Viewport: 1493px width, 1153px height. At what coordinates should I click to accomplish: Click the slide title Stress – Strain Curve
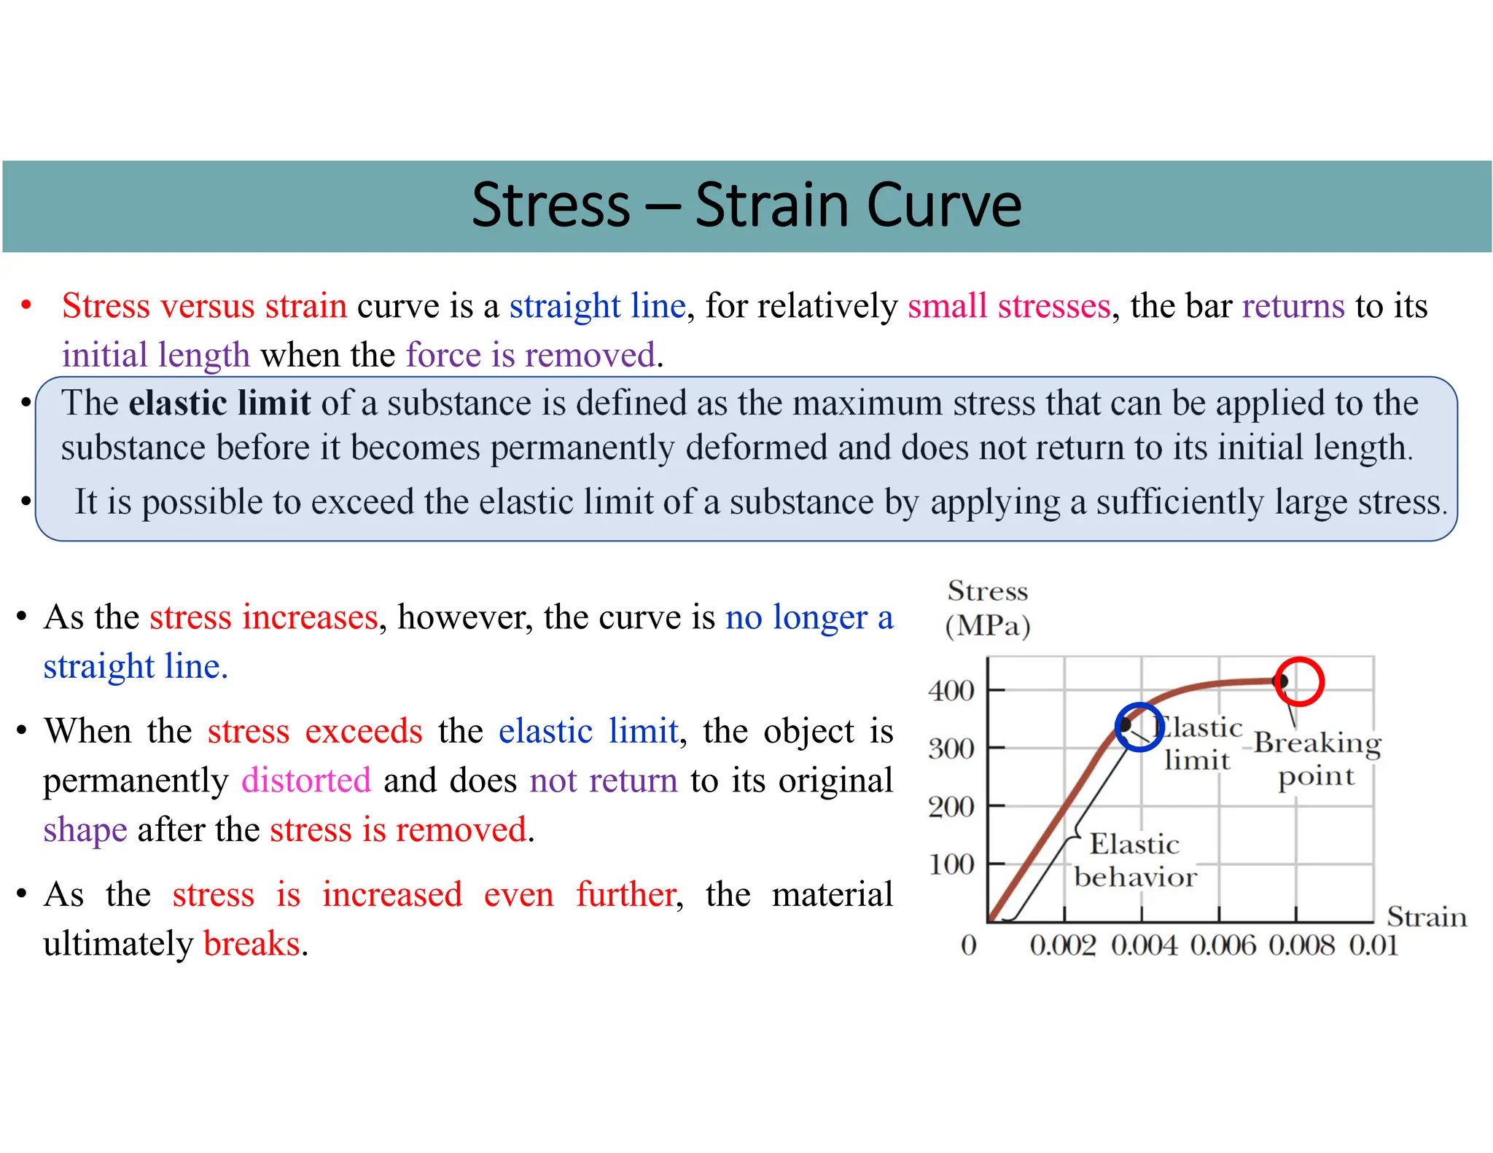click(x=746, y=206)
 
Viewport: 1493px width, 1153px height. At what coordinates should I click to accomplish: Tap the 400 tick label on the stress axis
click(x=951, y=690)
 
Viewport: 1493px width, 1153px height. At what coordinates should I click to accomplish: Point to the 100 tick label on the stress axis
click(x=951, y=864)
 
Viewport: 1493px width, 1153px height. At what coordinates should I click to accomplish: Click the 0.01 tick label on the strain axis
click(x=1373, y=945)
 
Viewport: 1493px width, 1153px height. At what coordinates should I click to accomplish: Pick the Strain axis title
click(x=1426, y=916)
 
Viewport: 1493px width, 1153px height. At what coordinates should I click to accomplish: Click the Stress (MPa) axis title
click(x=987, y=609)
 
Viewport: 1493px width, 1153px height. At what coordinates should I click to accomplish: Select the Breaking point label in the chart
click(x=1317, y=759)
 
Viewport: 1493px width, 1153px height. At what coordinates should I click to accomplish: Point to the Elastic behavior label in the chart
click(x=1134, y=861)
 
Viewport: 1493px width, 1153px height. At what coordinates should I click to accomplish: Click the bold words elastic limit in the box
click(x=219, y=403)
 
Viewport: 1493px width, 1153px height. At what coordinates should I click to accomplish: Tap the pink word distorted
click(x=306, y=780)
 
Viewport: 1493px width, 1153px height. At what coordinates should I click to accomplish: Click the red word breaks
click(x=252, y=943)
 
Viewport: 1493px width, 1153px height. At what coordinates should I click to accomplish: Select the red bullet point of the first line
click(x=26, y=305)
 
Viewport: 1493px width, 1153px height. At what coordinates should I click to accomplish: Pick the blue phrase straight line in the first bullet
click(x=597, y=305)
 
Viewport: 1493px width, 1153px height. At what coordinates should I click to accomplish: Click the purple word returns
click(x=1293, y=305)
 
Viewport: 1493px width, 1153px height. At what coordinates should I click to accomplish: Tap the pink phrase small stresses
click(x=1008, y=305)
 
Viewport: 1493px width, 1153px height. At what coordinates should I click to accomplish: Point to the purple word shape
click(x=85, y=830)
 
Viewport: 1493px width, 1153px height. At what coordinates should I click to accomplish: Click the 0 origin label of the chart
click(x=968, y=945)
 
